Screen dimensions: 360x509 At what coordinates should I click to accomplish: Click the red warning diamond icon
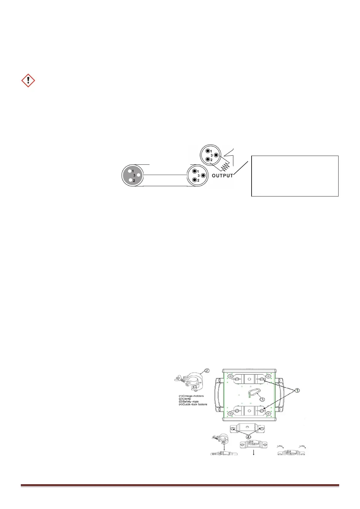(x=28, y=81)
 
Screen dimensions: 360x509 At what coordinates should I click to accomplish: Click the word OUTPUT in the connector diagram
(x=222, y=176)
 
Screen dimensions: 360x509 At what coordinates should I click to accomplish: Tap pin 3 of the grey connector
(x=139, y=175)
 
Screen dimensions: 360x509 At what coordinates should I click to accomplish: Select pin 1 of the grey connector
(x=129, y=170)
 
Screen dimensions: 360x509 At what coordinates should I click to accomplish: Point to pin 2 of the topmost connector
(x=208, y=159)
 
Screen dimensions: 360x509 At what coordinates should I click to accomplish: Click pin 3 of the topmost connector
(x=216, y=155)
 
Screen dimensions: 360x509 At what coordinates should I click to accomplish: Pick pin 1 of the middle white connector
(x=194, y=171)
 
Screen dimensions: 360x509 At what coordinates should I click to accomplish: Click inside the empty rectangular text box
(x=295, y=176)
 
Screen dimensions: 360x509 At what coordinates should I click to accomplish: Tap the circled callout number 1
(x=297, y=391)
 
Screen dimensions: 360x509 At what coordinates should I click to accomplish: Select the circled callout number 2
(x=207, y=371)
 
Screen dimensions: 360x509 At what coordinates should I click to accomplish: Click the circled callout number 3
(x=262, y=399)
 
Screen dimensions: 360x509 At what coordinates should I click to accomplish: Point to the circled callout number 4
(x=249, y=436)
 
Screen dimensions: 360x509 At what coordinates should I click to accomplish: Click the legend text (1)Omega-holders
(x=191, y=396)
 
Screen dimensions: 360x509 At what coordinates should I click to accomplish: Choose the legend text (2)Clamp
(x=185, y=399)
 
